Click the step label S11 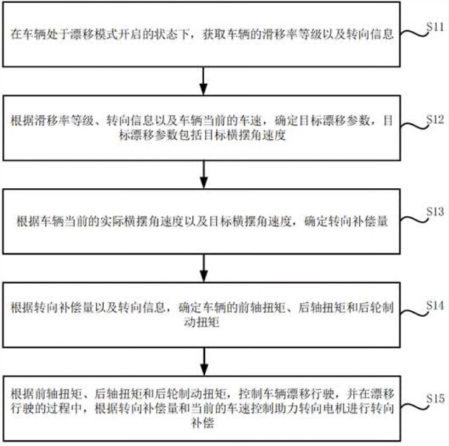(435, 27)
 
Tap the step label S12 (435, 120)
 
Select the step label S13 (435, 212)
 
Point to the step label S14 (435, 306)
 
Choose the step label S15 (435, 398)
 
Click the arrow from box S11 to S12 (203, 81)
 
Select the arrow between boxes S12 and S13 (203, 175)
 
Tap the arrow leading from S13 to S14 (203, 268)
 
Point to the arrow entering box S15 (204, 362)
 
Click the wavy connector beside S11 (414, 34)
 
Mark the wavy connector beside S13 (414, 219)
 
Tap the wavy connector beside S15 (414, 406)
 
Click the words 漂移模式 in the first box (94, 34)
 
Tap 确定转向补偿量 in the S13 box (346, 222)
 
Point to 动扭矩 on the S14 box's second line (201, 322)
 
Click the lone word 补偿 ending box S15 (203, 423)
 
